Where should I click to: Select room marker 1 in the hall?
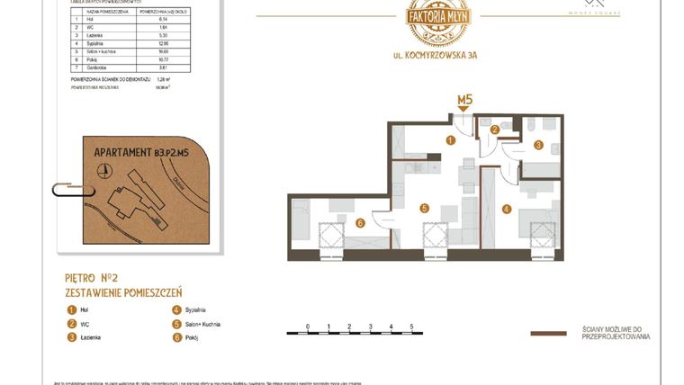pos(451,139)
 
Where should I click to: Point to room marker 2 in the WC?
pos(494,130)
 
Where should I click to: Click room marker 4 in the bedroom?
pos(507,210)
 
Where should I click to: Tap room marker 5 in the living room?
pos(424,208)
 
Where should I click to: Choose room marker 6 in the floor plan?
pos(358,223)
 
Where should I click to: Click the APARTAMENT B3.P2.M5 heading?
pos(141,153)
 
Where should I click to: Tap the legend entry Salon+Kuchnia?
pos(198,324)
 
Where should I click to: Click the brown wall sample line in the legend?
pos(547,333)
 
